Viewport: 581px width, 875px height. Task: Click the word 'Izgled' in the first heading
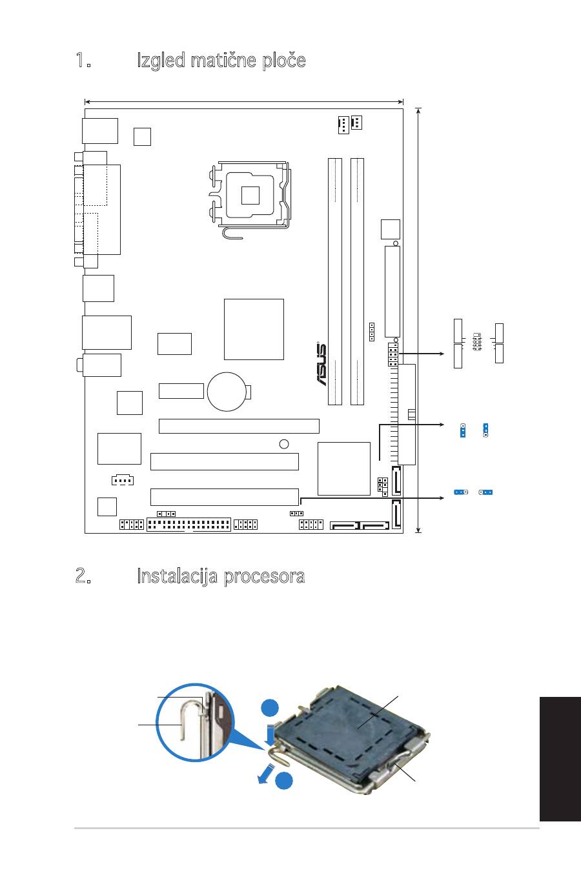[x=161, y=61]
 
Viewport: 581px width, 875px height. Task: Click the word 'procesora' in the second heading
[x=264, y=577]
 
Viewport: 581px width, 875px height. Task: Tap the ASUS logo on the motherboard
[x=321, y=364]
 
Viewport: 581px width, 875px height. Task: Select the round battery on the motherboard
[x=227, y=392]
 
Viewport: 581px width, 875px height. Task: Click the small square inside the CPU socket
[x=250, y=196]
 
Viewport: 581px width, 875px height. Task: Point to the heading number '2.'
[x=83, y=576]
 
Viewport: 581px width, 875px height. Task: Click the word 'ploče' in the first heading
[x=283, y=61]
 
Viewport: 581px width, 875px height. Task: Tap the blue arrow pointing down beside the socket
[x=270, y=734]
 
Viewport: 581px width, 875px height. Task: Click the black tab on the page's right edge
[x=560, y=759]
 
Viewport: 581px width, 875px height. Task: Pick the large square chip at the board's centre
[x=254, y=329]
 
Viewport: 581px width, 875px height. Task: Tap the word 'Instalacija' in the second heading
[x=177, y=577]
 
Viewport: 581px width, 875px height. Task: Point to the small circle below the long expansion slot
[x=284, y=444]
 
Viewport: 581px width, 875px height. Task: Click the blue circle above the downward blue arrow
[x=270, y=709]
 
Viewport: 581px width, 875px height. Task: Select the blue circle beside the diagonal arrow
[x=283, y=781]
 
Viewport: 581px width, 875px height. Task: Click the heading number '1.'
[x=83, y=60]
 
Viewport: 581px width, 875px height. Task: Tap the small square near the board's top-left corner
[x=142, y=136]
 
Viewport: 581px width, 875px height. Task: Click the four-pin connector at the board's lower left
[x=123, y=479]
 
